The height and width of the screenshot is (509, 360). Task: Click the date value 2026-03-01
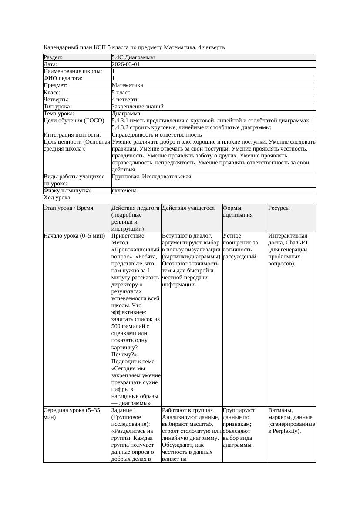click(x=126, y=64)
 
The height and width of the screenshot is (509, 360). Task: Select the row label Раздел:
click(x=53, y=57)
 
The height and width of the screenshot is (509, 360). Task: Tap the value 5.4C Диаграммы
click(x=133, y=57)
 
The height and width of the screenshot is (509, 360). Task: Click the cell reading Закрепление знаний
click(x=138, y=107)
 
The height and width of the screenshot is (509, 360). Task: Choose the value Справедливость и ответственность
click(x=156, y=135)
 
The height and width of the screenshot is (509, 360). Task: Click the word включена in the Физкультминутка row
click(x=124, y=191)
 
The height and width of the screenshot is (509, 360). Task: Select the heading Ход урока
click(x=57, y=198)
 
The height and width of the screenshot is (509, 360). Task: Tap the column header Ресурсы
click(x=279, y=208)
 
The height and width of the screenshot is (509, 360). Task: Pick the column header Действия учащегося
click(x=188, y=208)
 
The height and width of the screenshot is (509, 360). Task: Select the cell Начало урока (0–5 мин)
click(x=74, y=236)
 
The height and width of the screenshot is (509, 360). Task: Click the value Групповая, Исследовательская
click(x=151, y=177)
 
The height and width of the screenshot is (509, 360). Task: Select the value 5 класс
click(x=121, y=93)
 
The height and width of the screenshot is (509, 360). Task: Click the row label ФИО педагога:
click(x=63, y=78)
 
